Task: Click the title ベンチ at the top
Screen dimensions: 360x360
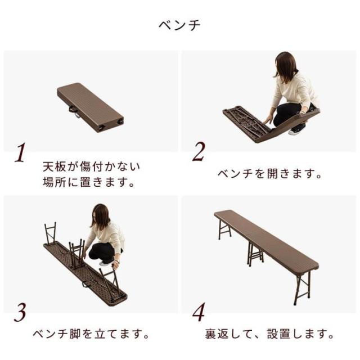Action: [179, 25]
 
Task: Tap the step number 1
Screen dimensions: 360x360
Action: [20, 152]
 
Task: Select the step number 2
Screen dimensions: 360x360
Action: [199, 151]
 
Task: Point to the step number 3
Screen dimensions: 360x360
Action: [20, 313]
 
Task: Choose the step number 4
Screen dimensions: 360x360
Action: [199, 312]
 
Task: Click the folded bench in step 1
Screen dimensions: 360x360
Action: [90, 107]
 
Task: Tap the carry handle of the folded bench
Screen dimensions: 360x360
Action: [74, 112]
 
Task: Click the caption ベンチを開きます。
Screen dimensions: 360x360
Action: [269, 174]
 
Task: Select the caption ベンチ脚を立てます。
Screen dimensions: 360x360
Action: [91, 334]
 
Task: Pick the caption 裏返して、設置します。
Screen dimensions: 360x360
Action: [269, 334]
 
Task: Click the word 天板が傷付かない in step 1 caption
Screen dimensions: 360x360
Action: [91, 166]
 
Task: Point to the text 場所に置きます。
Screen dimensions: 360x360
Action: [89, 182]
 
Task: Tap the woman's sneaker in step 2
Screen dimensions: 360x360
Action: [296, 131]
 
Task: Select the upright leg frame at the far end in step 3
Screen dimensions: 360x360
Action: [51, 233]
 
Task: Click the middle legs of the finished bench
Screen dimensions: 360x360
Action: [255, 255]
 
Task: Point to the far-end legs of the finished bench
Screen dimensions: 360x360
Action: [224, 229]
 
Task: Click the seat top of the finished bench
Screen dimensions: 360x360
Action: [266, 240]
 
